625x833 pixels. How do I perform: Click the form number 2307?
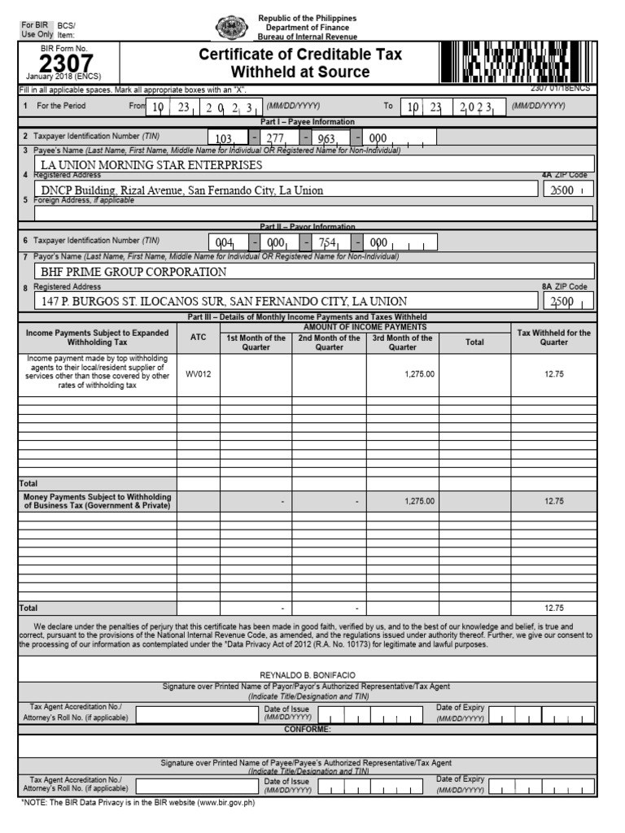(67, 63)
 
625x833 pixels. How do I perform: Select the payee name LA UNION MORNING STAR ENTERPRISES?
(152, 165)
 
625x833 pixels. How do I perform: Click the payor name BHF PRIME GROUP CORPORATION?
(134, 272)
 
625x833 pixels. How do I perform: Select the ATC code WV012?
(198, 374)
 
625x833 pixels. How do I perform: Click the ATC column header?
(198, 337)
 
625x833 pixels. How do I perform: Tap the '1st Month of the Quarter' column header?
(256, 342)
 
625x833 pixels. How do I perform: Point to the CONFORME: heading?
(307, 729)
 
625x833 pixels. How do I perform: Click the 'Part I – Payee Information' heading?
(307, 121)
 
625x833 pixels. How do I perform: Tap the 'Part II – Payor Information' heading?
(307, 226)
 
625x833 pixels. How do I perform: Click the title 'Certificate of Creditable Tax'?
(301, 55)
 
